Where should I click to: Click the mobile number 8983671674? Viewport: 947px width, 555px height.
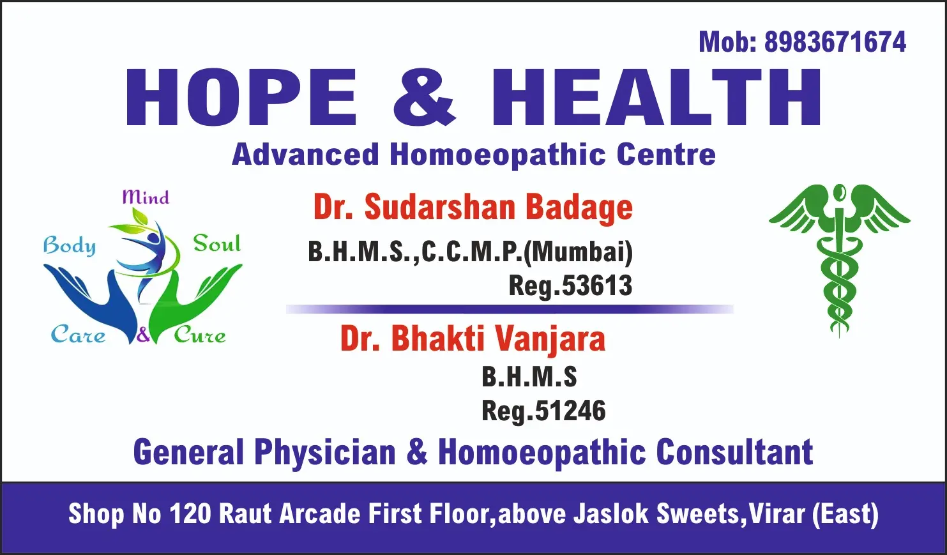pyautogui.click(x=835, y=42)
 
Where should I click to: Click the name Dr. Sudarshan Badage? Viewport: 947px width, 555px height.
pyautogui.click(x=473, y=207)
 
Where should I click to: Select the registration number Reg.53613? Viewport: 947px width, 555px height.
pyautogui.click(x=570, y=285)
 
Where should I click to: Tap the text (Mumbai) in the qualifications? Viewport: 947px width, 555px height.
pyautogui.click(x=579, y=252)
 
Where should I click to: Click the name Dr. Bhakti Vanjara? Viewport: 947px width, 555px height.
pyautogui.click(x=473, y=338)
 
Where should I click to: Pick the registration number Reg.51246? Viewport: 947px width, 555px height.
pyautogui.click(x=543, y=411)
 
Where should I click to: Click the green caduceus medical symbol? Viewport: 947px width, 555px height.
pyautogui.click(x=839, y=259)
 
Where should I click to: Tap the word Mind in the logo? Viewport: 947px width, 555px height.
pyautogui.click(x=146, y=197)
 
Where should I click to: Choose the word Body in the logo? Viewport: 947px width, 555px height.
pyautogui.click(x=70, y=246)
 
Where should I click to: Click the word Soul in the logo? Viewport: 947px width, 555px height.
pyautogui.click(x=217, y=243)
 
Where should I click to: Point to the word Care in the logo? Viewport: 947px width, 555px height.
pyautogui.click(x=78, y=335)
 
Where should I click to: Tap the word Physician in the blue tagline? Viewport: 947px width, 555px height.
pyautogui.click(x=324, y=452)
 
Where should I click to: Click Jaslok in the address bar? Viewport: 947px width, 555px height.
pyautogui.click(x=611, y=513)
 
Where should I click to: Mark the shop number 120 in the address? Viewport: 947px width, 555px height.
pyautogui.click(x=190, y=513)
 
